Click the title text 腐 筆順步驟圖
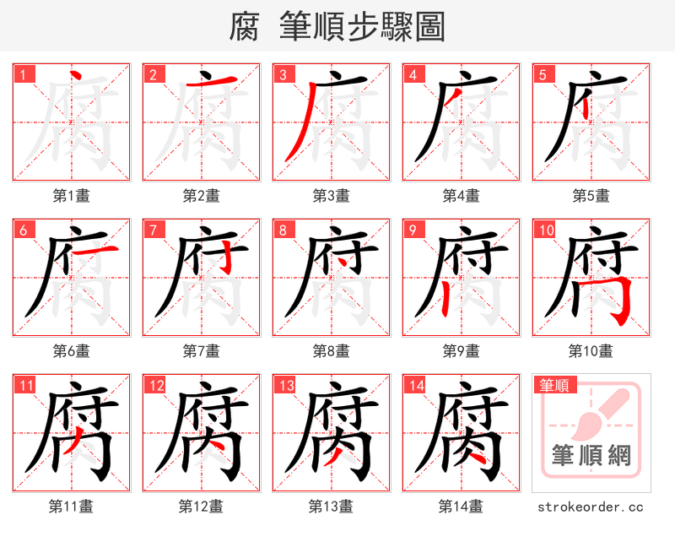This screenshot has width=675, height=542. (337, 27)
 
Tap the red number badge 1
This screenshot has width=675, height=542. (23, 74)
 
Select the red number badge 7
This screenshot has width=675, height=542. (153, 230)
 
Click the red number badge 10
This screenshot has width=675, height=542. (545, 230)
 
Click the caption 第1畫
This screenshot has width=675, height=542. (71, 196)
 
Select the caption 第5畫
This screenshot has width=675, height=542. (591, 196)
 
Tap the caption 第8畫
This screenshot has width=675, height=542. (331, 351)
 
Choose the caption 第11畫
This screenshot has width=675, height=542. (71, 507)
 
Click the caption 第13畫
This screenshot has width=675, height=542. (331, 507)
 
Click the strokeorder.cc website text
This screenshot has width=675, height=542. (591, 507)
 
